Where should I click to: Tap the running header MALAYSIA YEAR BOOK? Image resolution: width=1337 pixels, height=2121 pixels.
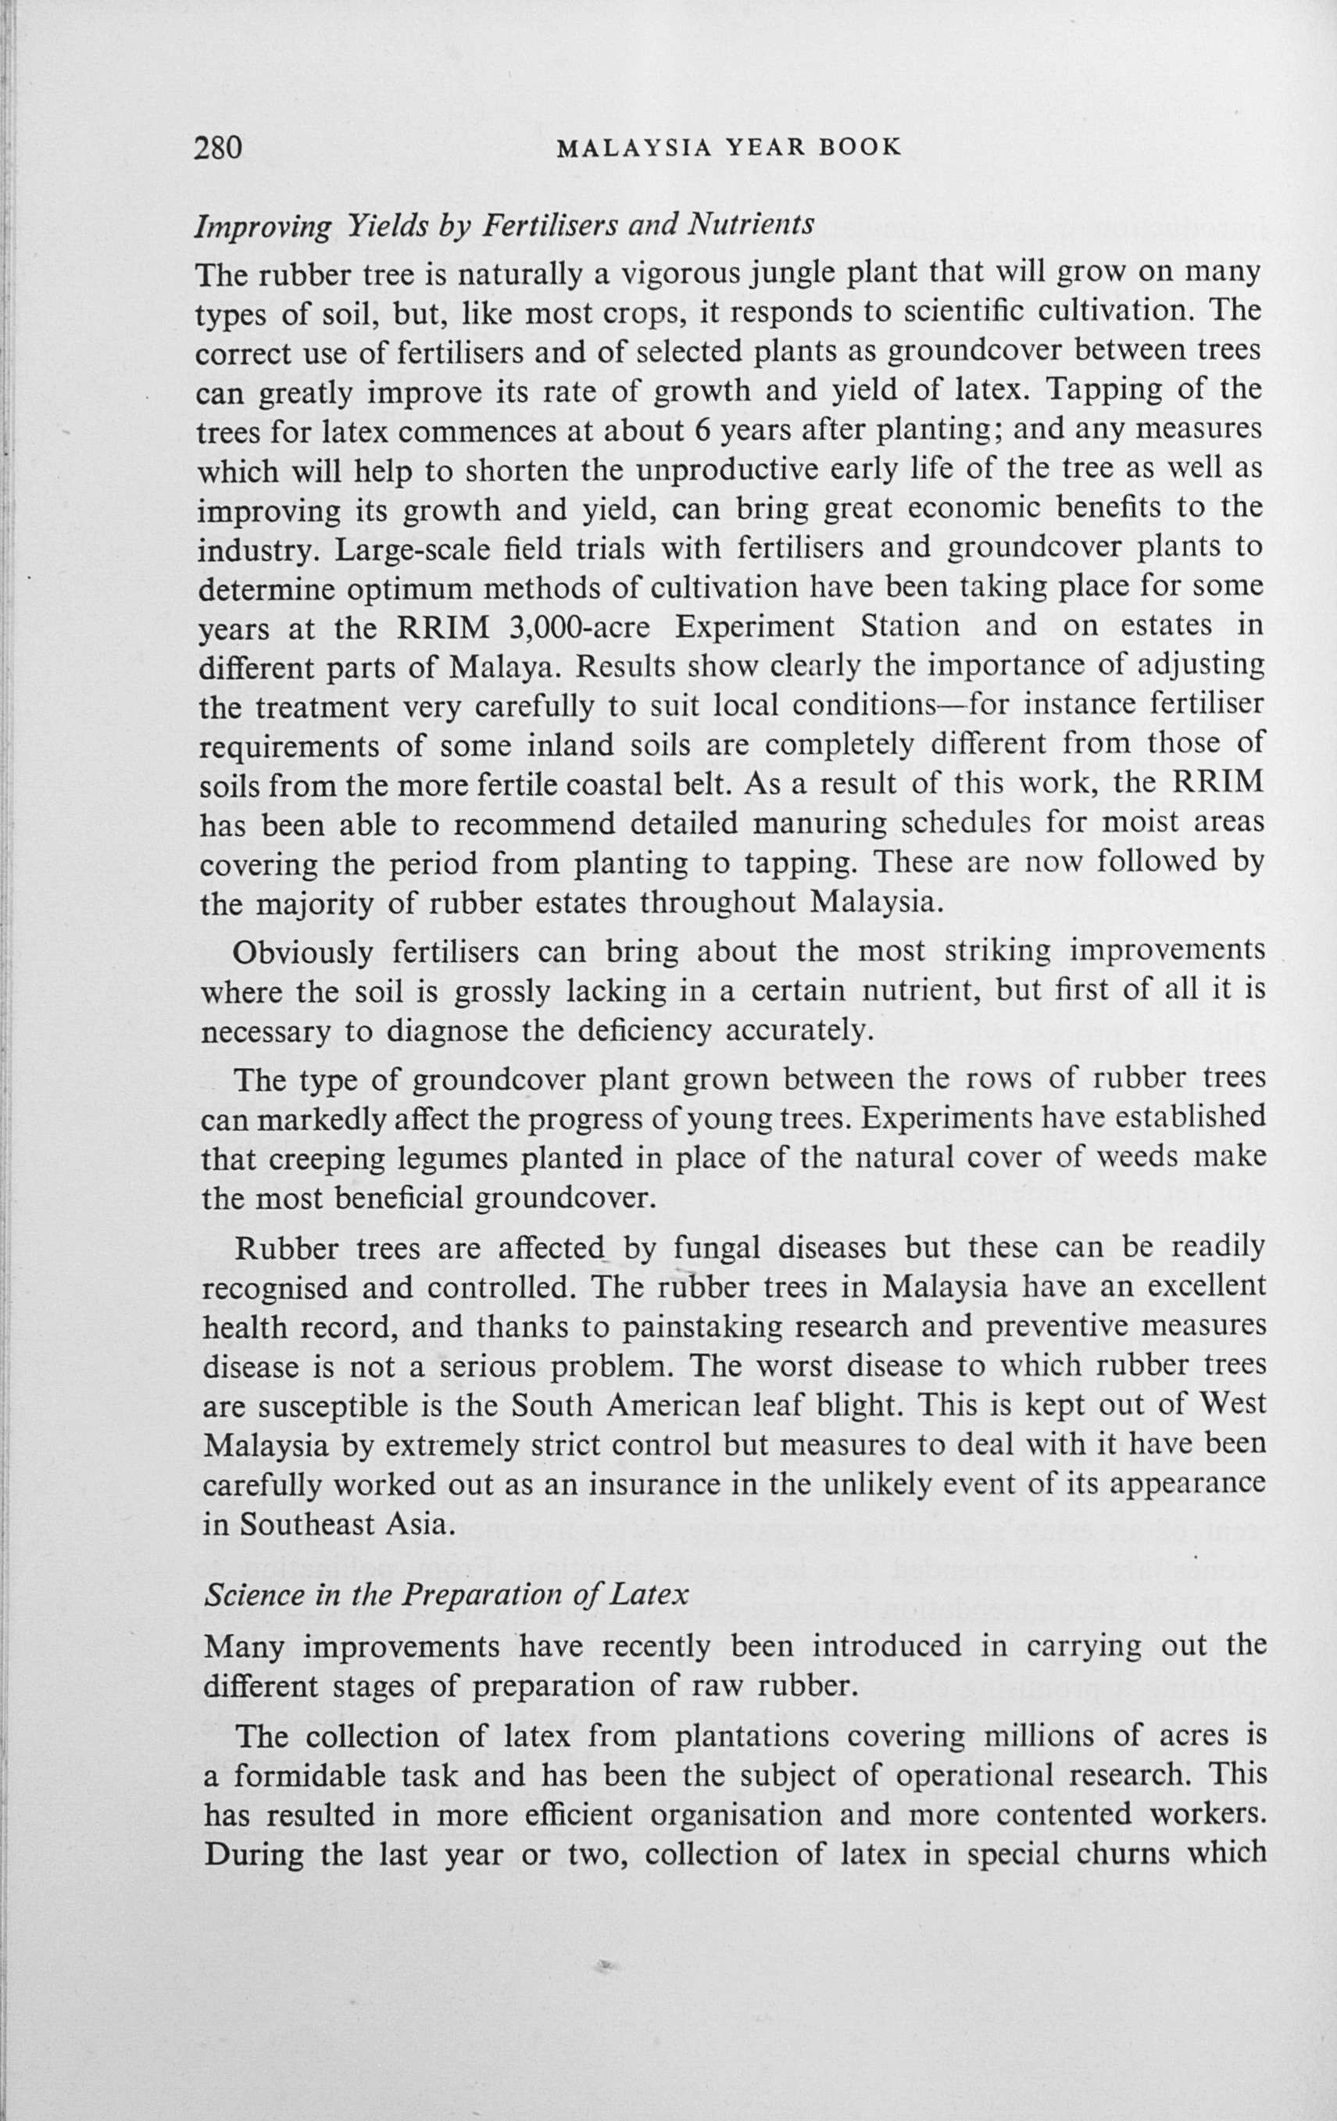pos(729,147)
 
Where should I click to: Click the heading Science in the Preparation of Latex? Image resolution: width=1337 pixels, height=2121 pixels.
pos(445,1595)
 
